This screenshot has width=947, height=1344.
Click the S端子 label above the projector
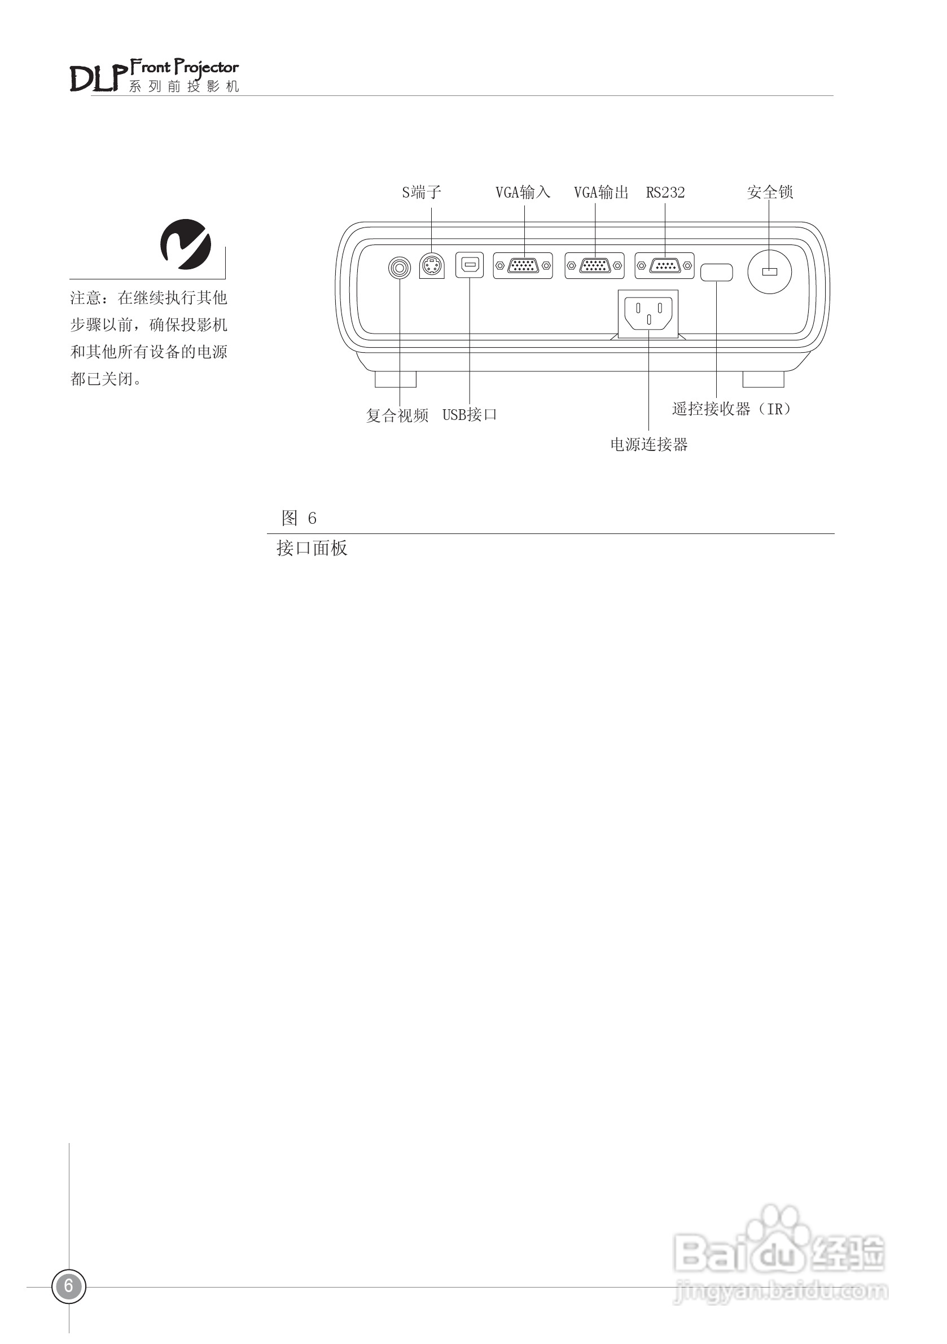pos(422,192)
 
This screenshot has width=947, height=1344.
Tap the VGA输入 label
pos(523,192)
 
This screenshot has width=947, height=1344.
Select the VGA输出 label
pos(601,192)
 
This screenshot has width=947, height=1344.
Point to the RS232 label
pos(665,192)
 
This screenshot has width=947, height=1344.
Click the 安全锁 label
pos(770,192)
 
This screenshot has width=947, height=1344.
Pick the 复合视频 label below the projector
pos(397,415)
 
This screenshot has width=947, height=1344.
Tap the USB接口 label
pos(470,414)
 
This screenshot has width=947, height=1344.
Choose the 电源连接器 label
pos(648,445)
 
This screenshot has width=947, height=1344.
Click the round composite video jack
pos(400,268)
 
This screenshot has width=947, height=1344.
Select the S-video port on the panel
pos(432,266)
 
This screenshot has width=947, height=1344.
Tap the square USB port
pos(470,265)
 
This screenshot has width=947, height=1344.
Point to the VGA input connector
pos(523,266)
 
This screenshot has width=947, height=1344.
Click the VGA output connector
pos(595,266)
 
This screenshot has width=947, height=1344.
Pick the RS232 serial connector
pos(664,266)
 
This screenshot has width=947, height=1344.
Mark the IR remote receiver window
pos(716,272)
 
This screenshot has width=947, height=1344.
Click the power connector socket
pos(648,313)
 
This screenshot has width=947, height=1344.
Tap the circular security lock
pos(770,272)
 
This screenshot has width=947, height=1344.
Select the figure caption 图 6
pos(299,518)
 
